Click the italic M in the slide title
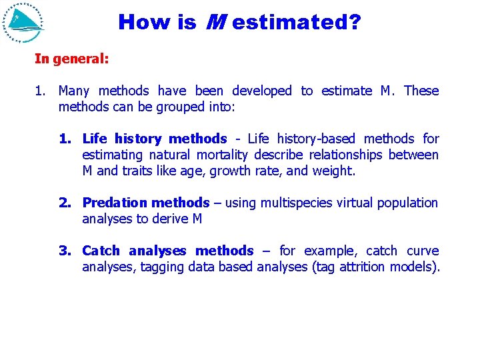tap(214, 23)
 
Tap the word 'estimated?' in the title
tap(297, 23)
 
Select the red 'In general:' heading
tap(72, 59)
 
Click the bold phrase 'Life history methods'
tap(154, 139)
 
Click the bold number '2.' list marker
tap(65, 203)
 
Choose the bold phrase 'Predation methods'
tap(145, 203)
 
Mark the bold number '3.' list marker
tap(65, 251)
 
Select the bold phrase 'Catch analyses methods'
tap(167, 251)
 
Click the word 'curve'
tap(423, 251)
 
